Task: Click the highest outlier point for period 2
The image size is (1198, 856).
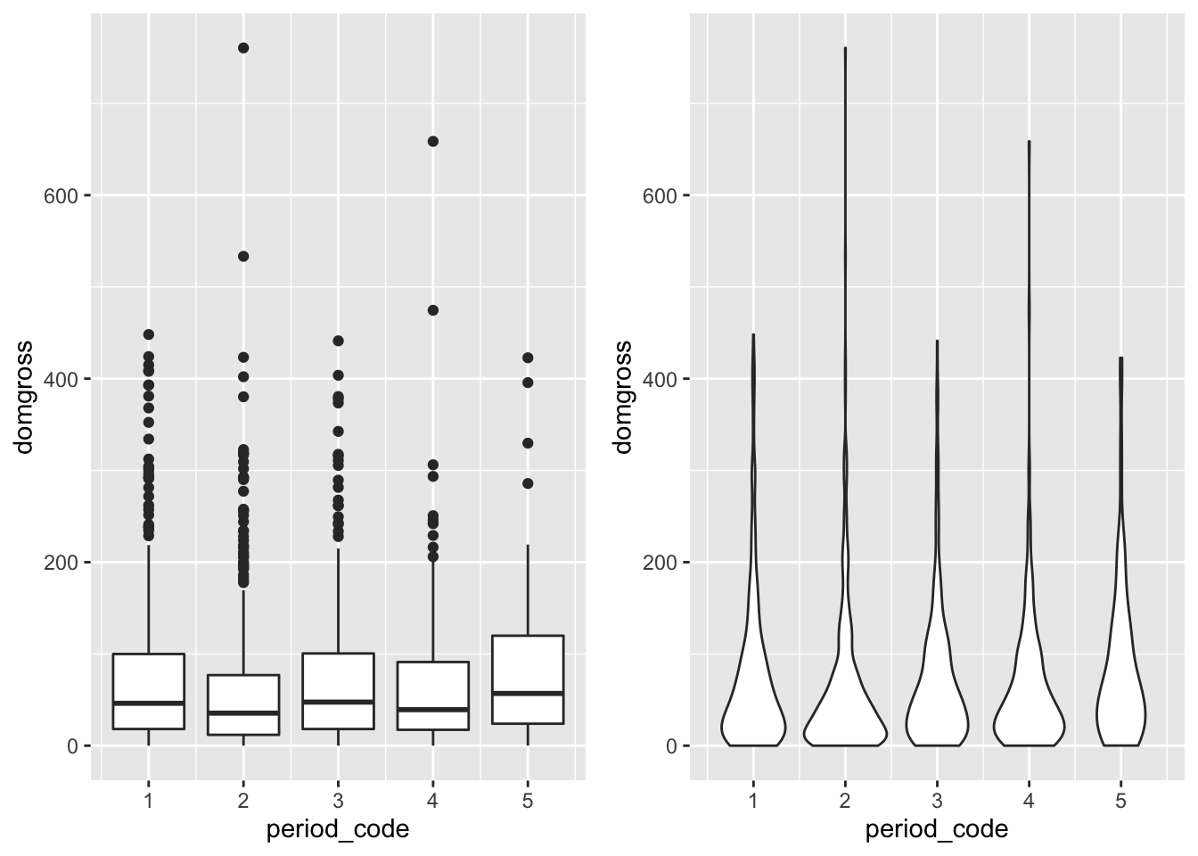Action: click(x=242, y=48)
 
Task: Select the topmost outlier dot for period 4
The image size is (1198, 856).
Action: click(x=433, y=141)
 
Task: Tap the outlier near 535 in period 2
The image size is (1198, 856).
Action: click(x=242, y=257)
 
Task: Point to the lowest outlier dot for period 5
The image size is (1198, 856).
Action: click(x=528, y=483)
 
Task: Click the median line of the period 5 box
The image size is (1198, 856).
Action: click(x=528, y=693)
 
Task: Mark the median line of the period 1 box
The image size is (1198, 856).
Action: click(x=148, y=703)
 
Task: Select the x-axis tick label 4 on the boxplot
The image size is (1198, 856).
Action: click(x=433, y=801)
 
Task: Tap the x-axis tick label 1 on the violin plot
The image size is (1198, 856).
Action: click(x=753, y=801)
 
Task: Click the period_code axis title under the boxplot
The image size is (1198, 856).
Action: click(x=338, y=829)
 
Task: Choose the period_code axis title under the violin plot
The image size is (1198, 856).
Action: click(x=937, y=829)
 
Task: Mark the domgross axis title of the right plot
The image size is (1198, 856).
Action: click(x=623, y=397)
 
